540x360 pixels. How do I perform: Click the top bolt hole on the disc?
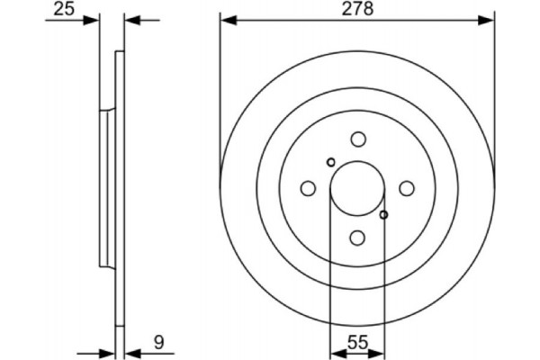pyautogui.click(x=358, y=139)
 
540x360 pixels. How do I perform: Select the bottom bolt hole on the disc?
pyautogui.click(x=358, y=237)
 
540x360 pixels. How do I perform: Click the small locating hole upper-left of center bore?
pyautogui.click(x=331, y=162)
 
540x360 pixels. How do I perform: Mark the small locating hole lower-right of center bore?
pyautogui.click(x=384, y=214)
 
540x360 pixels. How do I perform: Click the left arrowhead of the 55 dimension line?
pyautogui.click(x=336, y=352)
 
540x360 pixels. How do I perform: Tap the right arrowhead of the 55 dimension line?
pyautogui.click(x=380, y=352)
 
